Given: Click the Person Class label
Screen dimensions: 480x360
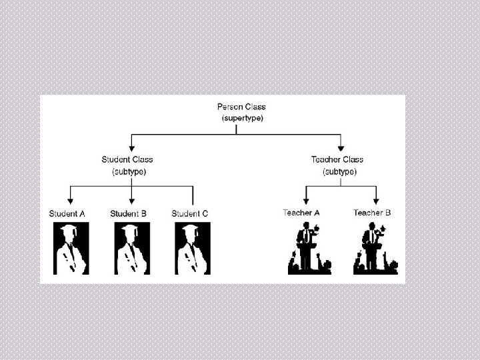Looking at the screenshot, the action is pyautogui.click(x=241, y=107).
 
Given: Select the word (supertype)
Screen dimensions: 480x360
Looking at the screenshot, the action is pyautogui.click(x=241, y=119).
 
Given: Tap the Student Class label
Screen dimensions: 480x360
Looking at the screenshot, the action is pyautogui.click(x=127, y=159).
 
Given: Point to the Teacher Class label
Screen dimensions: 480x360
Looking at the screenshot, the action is pyautogui.click(x=337, y=159).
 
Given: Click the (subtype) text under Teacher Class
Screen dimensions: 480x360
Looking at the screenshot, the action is pyautogui.click(x=339, y=171).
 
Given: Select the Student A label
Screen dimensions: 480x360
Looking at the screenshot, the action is pyautogui.click(x=67, y=213).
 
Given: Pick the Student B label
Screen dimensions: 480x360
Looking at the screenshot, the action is pyautogui.click(x=129, y=213).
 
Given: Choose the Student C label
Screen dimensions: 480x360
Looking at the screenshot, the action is pyautogui.click(x=190, y=213).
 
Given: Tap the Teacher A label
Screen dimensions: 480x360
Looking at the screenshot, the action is pyautogui.click(x=301, y=213).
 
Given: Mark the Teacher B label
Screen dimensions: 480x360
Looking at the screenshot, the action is pyautogui.click(x=372, y=213).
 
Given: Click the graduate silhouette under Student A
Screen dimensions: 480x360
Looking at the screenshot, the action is pyautogui.click(x=70, y=248).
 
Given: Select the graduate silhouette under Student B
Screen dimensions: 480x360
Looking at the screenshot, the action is pyautogui.click(x=132, y=248).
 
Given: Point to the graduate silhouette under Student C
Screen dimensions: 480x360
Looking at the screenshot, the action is pyautogui.click(x=193, y=248).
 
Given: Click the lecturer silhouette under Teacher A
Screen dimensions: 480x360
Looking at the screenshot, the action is pyautogui.click(x=309, y=249).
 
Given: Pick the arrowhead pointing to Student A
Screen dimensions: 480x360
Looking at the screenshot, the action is pyautogui.click(x=70, y=201).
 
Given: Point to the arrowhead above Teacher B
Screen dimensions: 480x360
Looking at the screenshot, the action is pyautogui.click(x=377, y=201).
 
